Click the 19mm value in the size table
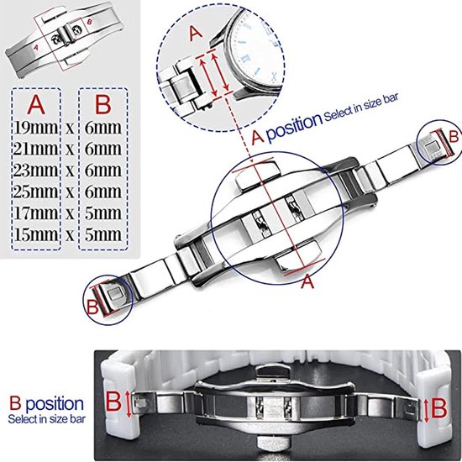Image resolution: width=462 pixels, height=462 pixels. [x=35, y=129]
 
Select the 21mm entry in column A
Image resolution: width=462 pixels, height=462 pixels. [x=35, y=150]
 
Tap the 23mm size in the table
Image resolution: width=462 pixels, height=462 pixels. [x=35, y=171]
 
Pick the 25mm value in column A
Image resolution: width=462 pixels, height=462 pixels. [x=35, y=192]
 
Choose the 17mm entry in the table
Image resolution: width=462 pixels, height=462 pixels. [x=35, y=213]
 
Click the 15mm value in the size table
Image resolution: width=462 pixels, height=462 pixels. [x=35, y=235]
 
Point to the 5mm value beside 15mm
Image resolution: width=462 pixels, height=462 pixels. [x=103, y=235]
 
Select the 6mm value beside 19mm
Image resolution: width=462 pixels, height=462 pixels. [x=103, y=129]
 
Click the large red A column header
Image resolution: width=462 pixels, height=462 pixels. [x=36, y=105]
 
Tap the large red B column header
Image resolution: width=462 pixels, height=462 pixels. [x=103, y=105]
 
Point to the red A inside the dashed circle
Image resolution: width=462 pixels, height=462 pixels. [x=196, y=34]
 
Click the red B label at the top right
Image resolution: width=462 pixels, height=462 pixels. [x=454, y=137]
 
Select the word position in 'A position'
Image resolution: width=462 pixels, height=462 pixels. [x=294, y=124]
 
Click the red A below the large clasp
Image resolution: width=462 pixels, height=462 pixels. [x=307, y=281]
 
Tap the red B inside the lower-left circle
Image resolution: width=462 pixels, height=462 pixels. [x=92, y=307]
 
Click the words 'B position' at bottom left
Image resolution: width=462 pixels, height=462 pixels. [x=46, y=404]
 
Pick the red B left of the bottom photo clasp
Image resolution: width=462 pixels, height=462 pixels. [x=113, y=401]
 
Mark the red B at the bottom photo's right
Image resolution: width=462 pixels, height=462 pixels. [x=439, y=408]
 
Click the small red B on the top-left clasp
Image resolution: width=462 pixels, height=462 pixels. [x=90, y=22]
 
